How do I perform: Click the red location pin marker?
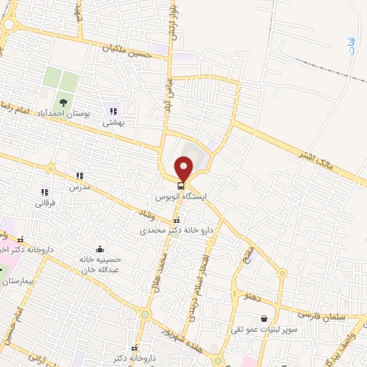pos(183,168)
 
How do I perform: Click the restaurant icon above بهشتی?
pos(113,110)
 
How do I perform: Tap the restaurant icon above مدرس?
pos(80,175)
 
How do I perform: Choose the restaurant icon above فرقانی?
pos(44,192)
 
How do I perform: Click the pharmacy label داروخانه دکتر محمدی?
pos(176,231)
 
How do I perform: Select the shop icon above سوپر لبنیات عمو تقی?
pos(265,318)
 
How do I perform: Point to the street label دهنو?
pos(255,295)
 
